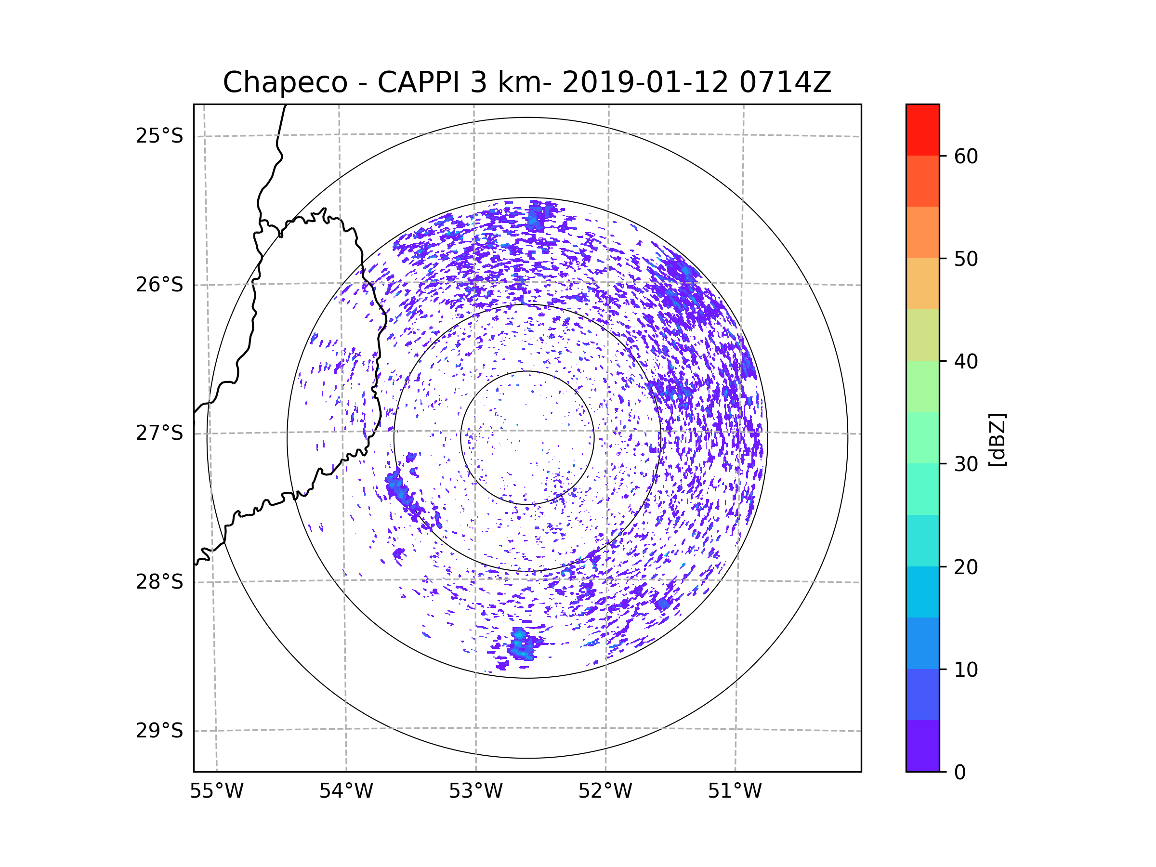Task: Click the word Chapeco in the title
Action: [x=285, y=82]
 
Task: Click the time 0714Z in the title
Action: [x=785, y=82]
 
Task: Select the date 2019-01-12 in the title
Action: [x=645, y=82]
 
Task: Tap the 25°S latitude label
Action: [x=159, y=136]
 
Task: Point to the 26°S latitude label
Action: [x=159, y=285]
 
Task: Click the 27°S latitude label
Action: [x=159, y=433]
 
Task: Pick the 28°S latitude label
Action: [x=159, y=582]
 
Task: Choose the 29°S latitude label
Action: [x=159, y=731]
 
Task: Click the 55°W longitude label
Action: [x=216, y=791]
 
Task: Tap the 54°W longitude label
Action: [x=346, y=791]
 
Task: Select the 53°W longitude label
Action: [x=475, y=791]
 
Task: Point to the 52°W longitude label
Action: [x=605, y=791]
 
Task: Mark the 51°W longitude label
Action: [x=735, y=791]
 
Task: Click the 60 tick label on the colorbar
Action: [x=966, y=156]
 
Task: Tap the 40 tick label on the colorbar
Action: [x=966, y=362]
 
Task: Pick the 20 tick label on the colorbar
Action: [x=966, y=567]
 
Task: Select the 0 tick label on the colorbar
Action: [x=960, y=773]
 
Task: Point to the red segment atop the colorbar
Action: [x=922, y=130]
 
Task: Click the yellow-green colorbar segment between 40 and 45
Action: [x=922, y=335]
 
